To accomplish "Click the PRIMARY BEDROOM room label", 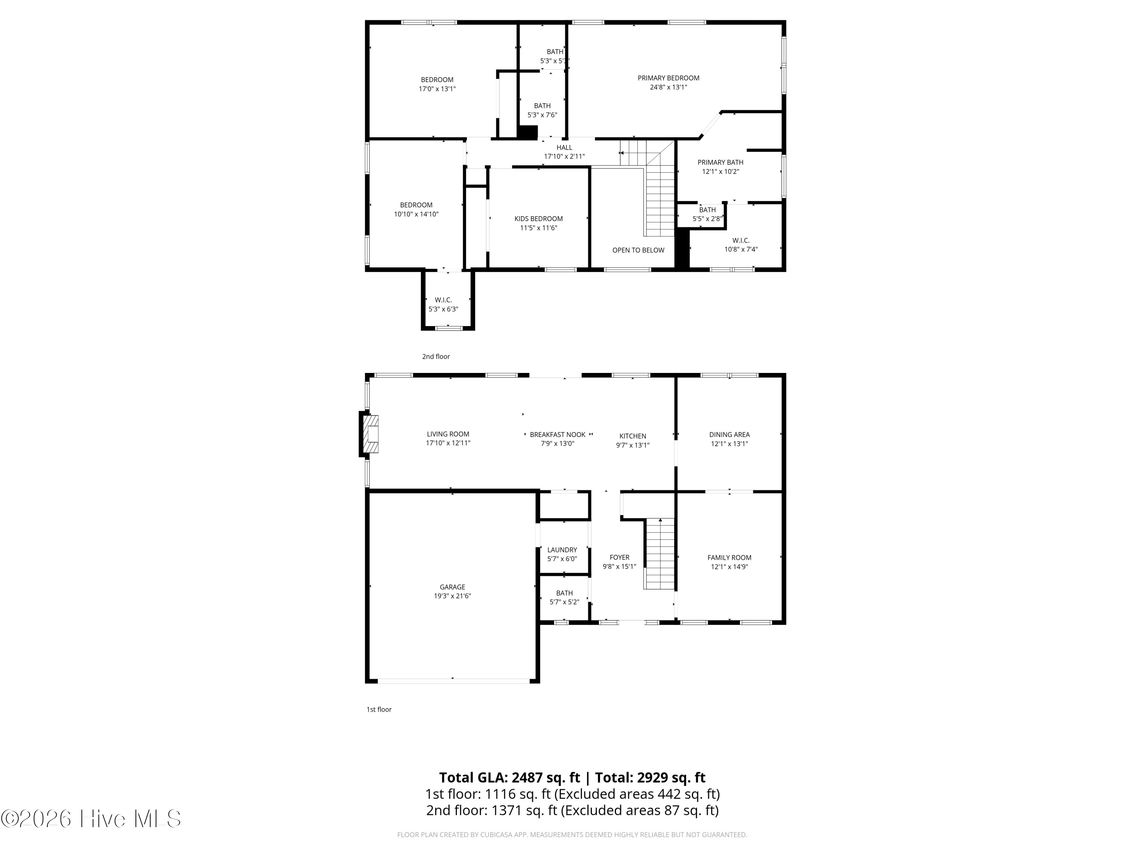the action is (668, 78).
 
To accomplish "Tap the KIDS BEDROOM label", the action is (538, 219).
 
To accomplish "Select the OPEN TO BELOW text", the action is (638, 250).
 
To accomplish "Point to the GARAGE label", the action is (452, 587).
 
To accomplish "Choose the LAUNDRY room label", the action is (562, 550).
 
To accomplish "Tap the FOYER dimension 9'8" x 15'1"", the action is (619, 566).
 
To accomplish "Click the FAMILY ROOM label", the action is (729, 558).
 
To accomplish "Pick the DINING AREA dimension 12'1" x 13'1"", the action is (729, 444).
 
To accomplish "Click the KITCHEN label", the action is (632, 436).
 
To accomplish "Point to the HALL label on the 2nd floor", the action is (564, 148).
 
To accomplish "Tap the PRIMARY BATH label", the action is (721, 162).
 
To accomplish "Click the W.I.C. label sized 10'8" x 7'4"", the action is (741, 241).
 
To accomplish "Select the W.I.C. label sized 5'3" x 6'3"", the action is (443, 300).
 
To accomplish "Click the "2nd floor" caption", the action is (436, 356).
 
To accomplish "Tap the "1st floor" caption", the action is (379, 709).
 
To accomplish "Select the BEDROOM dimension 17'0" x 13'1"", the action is (437, 89).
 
